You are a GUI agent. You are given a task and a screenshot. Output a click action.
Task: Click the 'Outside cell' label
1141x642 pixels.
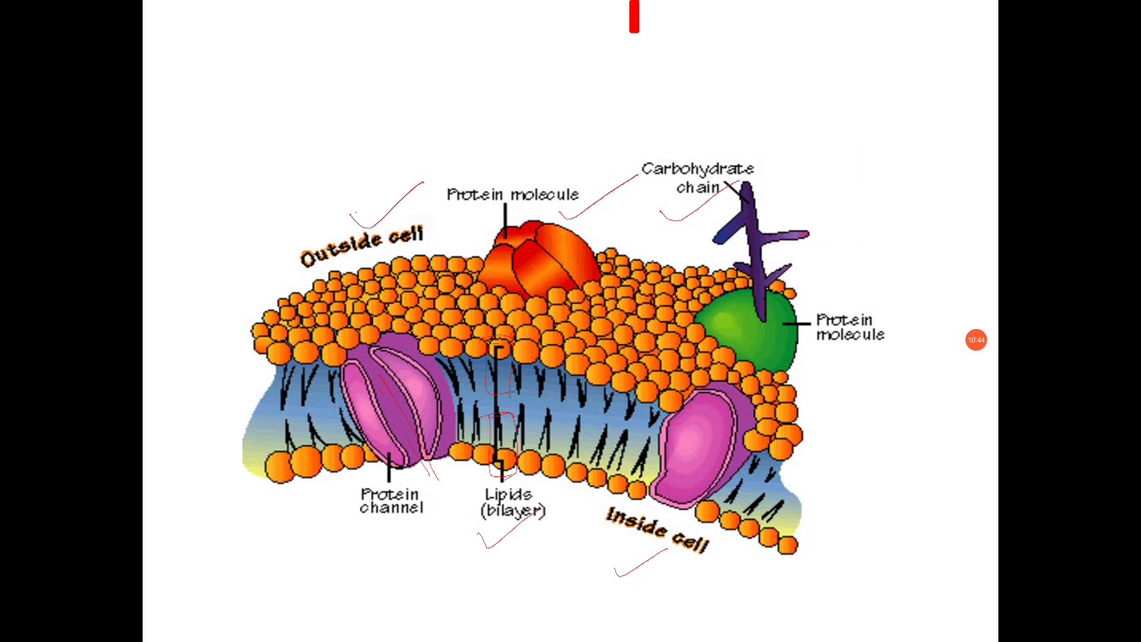point(362,247)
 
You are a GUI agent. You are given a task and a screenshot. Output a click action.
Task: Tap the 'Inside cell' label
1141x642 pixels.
point(657,530)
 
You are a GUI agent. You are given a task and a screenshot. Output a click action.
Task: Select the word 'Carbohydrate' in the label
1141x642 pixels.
point(697,169)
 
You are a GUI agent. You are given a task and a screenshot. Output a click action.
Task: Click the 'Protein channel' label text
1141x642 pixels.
point(391,500)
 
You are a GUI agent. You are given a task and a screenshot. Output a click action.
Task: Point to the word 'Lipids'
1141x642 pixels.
point(509,494)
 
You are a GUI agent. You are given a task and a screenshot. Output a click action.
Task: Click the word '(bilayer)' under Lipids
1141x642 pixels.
point(513,511)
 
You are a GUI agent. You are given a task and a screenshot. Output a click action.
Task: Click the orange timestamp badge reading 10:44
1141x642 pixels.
point(976,340)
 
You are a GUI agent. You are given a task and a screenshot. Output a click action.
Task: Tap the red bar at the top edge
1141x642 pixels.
point(634,17)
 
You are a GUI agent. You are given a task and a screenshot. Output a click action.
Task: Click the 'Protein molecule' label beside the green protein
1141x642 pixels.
point(850,327)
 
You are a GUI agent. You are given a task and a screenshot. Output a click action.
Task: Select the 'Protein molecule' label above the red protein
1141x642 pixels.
point(513,194)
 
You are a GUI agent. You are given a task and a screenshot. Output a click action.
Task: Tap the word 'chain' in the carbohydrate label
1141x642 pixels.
point(697,187)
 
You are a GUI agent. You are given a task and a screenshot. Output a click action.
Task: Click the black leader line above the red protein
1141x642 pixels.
point(505,220)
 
